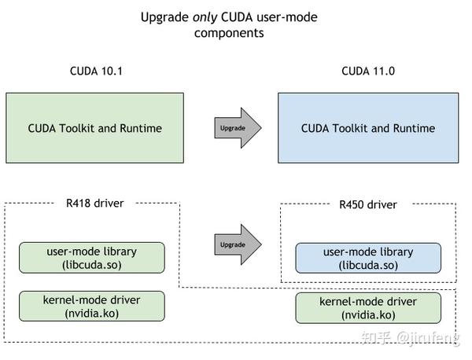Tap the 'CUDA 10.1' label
(x=95, y=72)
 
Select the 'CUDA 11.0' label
(x=367, y=72)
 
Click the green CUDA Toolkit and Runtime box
(x=95, y=128)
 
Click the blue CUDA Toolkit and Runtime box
(x=367, y=128)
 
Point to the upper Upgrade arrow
(x=237, y=127)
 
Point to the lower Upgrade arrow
(x=237, y=244)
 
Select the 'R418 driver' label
(x=94, y=203)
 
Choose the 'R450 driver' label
(x=367, y=204)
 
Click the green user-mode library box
(x=92, y=258)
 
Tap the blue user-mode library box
(x=367, y=259)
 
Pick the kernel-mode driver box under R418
(x=92, y=307)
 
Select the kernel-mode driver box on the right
(x=367, y=308)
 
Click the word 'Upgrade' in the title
(x=165, y=17)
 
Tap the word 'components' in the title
(x=229, y=33)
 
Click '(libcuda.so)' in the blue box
(x=367, y=266)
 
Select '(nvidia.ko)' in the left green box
(x=92, y=314)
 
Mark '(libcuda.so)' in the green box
(x=92, y=265)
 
